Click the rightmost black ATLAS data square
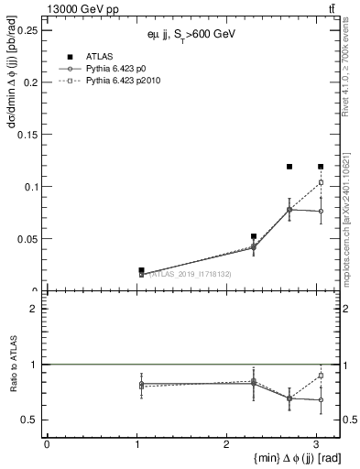pos(321,167)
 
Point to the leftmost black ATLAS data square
pos(141,270)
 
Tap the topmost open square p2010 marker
pos(321,182)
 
